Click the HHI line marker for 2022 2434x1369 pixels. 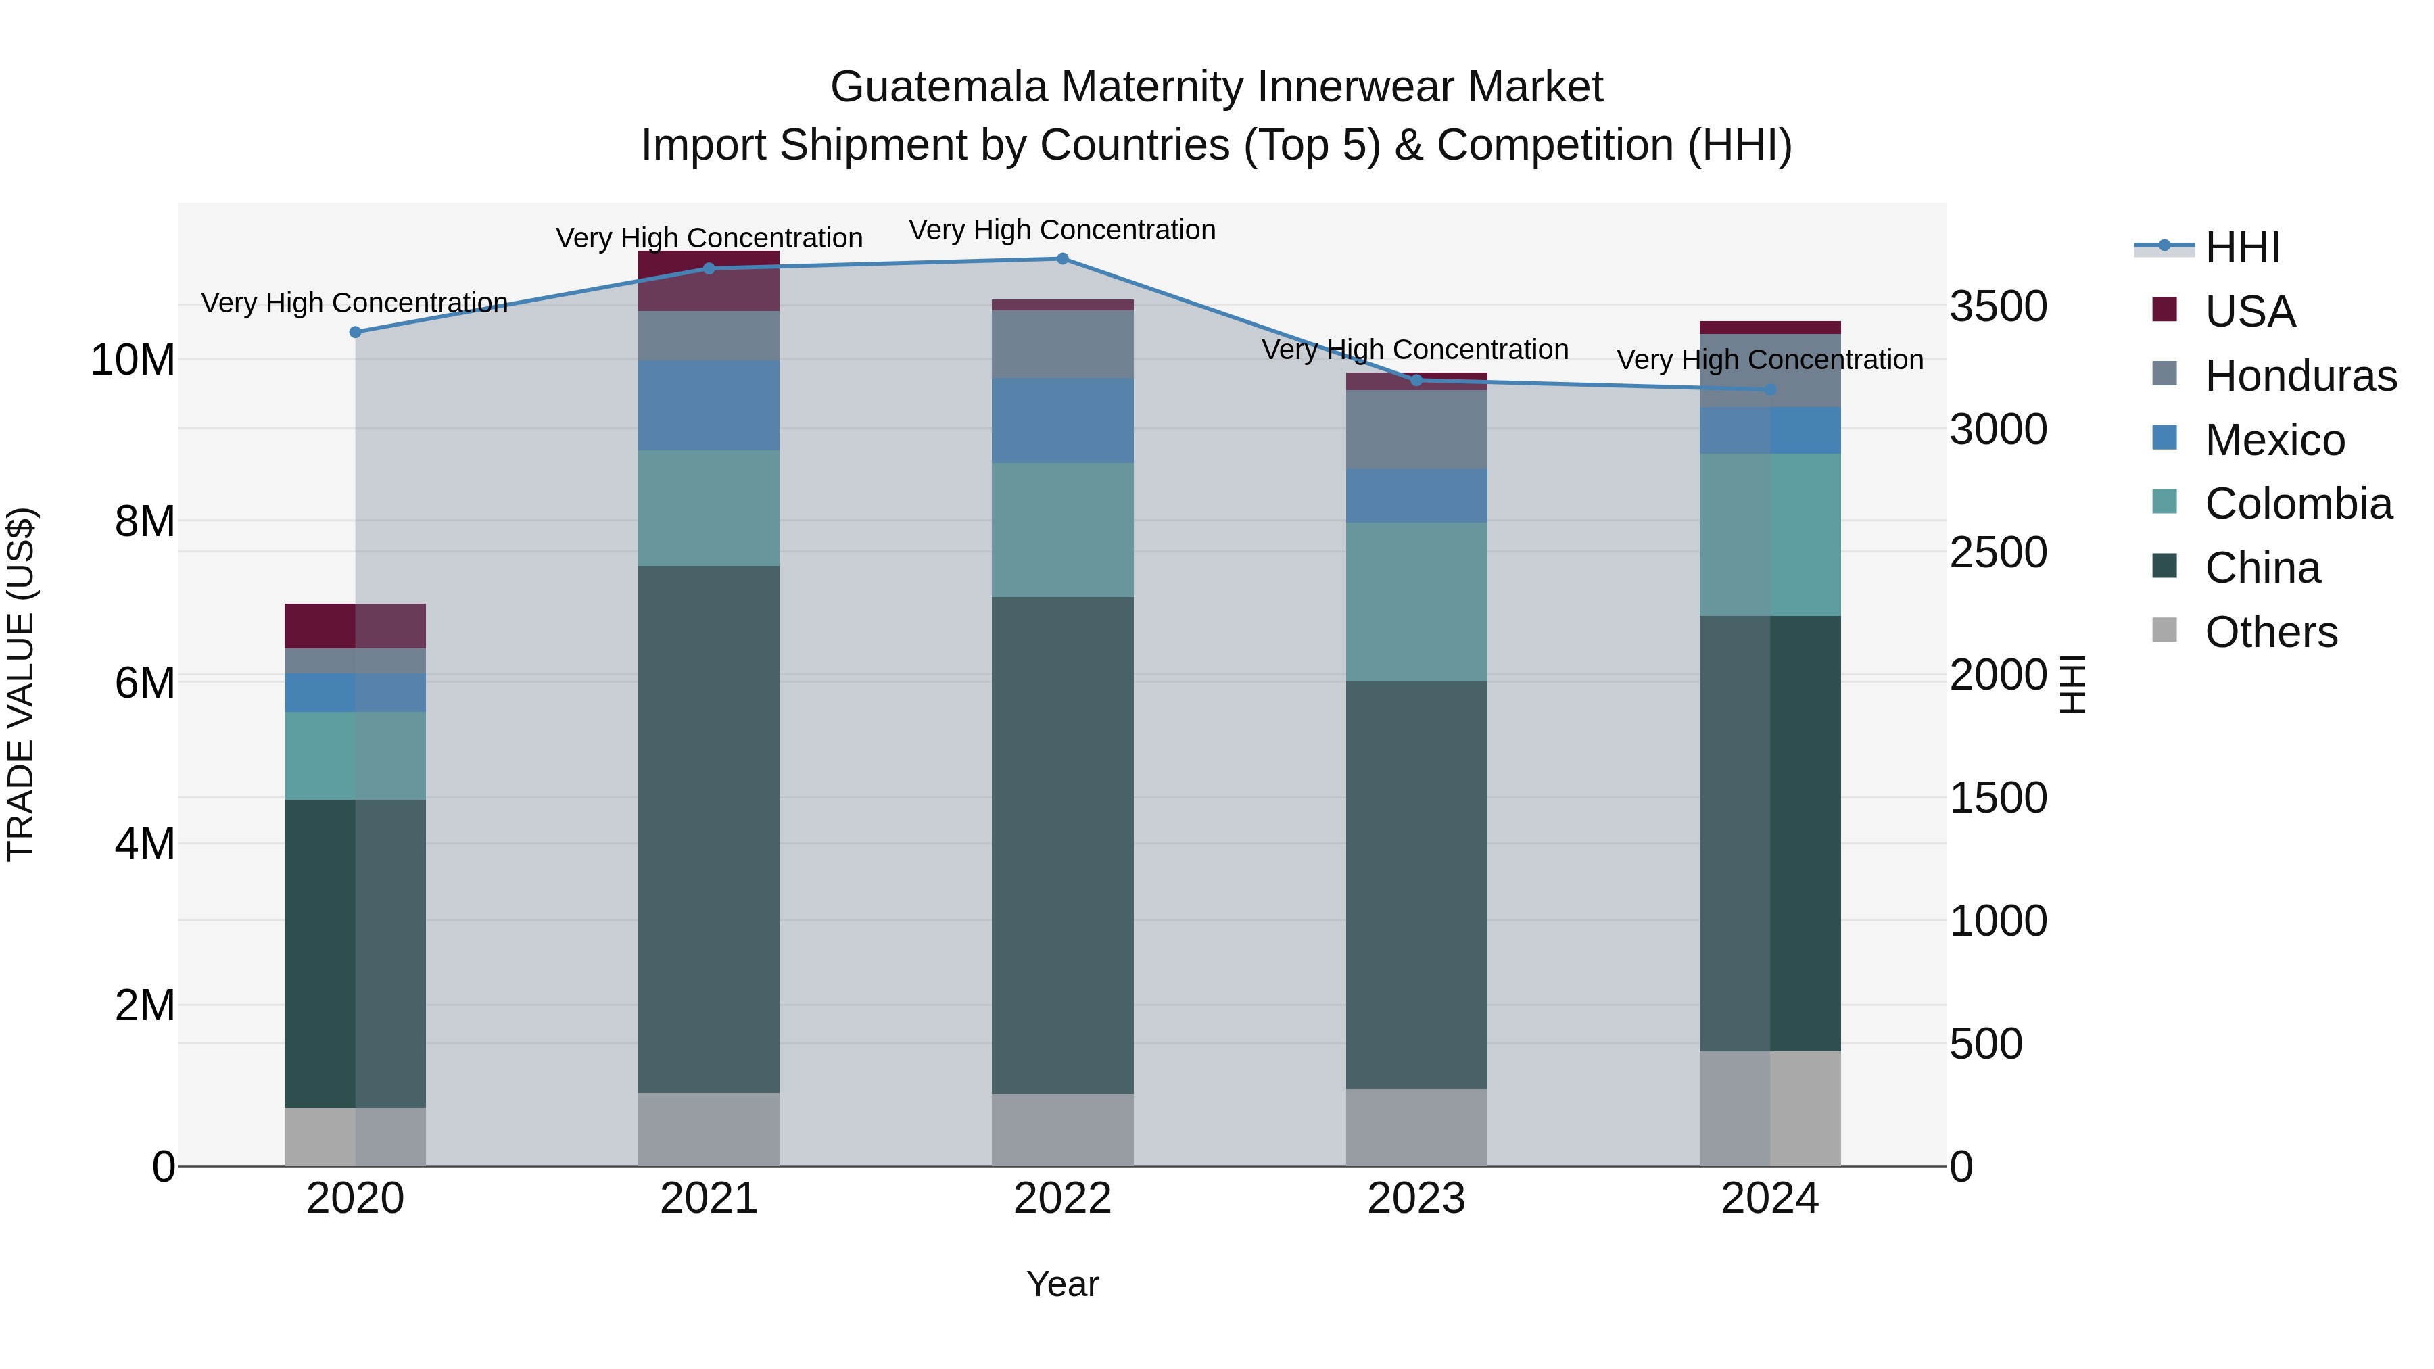coord(1062,259)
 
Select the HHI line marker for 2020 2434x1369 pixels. coord(355,333)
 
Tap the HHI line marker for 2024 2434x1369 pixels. coord(1770,390)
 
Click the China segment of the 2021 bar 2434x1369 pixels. coord(709,830)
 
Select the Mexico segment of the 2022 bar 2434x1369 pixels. coord(1062,421)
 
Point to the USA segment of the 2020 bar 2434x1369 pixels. coord(355,625)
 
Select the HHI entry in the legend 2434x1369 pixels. coord(2241,247)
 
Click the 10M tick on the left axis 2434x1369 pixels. coord(133,360)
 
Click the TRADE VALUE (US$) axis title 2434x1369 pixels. coord(21,684)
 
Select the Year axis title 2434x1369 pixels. coord(1062,1284)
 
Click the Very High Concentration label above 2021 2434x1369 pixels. coord(709,238)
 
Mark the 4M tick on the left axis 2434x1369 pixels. coord(145,844)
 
